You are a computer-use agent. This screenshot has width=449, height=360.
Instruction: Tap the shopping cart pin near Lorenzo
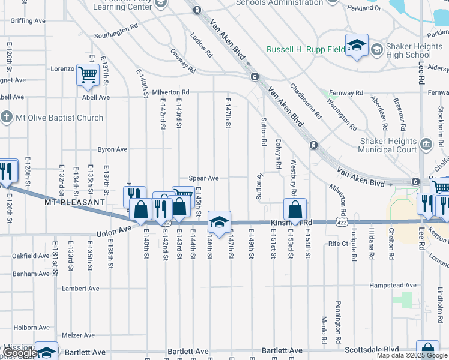click(88, 75)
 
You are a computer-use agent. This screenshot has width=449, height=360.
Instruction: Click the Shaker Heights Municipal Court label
click(388, 145)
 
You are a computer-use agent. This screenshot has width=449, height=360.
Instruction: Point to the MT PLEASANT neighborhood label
click(75, 203)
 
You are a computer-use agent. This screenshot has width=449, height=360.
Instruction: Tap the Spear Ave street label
click(203, 178)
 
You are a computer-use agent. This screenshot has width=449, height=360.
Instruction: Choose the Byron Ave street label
click(112, 149)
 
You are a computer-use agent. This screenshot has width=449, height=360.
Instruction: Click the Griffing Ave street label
click(28, 21)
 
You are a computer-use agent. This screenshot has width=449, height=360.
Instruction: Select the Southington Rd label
click(116, 34)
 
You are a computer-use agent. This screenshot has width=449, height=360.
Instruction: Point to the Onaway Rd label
click(182, 61)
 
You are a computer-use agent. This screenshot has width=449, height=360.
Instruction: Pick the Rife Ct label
click(338, 244)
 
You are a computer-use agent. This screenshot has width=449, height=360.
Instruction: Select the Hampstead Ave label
click(393, 285)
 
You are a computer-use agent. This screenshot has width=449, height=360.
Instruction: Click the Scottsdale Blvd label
click(371, 349)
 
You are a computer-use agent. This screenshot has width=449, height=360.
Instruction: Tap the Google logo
click(20, 353)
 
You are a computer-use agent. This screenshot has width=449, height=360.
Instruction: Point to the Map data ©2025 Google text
click(412, 356)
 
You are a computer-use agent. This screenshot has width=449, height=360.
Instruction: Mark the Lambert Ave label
click(80, 289)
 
